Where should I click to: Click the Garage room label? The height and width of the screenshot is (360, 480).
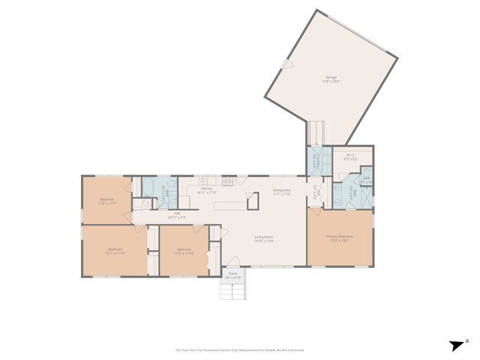pos(331,78)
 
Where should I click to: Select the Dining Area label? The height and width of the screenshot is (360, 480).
pos(282,191)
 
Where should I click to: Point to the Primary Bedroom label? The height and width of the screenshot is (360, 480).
pos(340,238)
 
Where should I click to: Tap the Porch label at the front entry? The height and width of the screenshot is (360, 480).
pos(233,275)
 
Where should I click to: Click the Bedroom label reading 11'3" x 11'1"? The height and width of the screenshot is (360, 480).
pos(107,200)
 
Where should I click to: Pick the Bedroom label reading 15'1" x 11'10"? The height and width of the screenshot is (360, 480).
pos(115,250)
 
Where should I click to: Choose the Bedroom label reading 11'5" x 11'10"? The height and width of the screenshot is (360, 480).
pos(184,251)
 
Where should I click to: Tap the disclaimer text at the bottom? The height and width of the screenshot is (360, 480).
pos(240,349)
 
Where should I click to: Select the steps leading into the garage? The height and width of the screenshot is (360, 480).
pos(316,133)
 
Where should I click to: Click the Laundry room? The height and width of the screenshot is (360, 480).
pos(315,161)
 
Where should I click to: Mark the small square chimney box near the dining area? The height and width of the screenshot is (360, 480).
pos(253,201)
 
